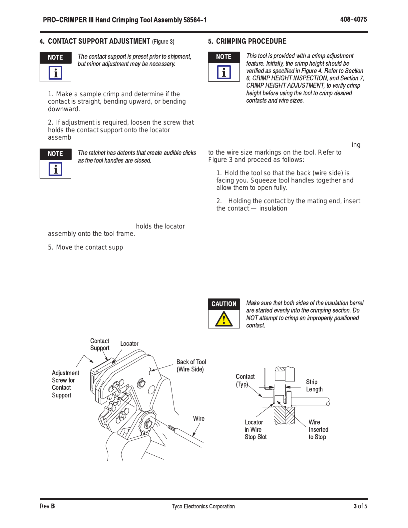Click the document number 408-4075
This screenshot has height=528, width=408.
(353, 19)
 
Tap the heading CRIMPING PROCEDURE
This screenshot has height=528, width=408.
(251, 41)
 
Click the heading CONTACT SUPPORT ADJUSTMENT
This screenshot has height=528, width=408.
(99, 41)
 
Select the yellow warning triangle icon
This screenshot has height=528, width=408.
(224, 319)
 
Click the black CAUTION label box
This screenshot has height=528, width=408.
(224, 304)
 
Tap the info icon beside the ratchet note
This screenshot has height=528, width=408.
(55, 169)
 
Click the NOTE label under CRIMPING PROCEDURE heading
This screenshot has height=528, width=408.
(224, 57)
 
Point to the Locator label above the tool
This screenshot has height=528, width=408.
(129, 343)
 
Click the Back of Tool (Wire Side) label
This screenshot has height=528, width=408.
(191, 365)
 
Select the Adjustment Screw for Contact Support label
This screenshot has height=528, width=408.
(65, 384)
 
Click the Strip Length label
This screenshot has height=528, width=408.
(314, 386)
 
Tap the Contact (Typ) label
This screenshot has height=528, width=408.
(245, 380)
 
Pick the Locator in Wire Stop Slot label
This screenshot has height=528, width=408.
(255, 429)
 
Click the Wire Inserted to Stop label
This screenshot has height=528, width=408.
(318, 429)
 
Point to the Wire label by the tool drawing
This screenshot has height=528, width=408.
(199, 418)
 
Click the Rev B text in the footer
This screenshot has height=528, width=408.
(47, 506)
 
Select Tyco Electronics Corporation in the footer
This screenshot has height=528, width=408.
(203, 506)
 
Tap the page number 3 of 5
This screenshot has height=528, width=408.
(360, 506)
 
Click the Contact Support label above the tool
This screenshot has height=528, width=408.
(100, 344)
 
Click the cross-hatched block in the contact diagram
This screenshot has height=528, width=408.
(284, 415)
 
